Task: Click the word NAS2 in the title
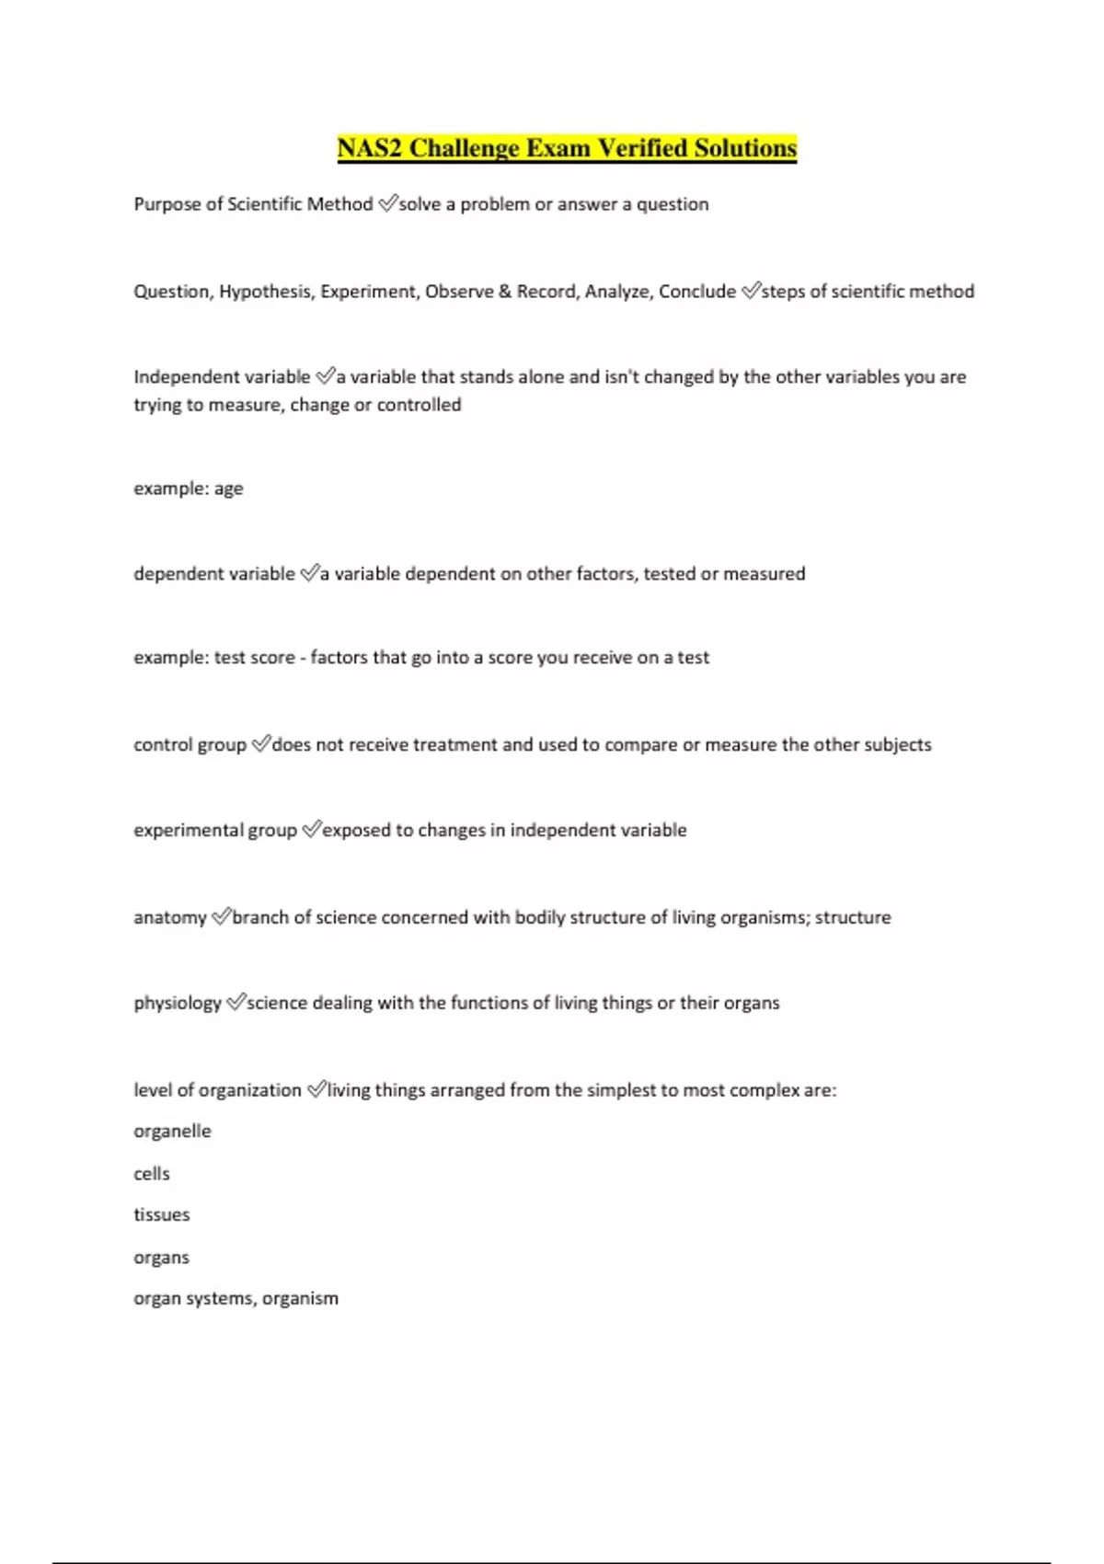tap(369, 148)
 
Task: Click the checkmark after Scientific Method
tap(387, 203)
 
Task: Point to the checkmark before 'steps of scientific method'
tap(751, 291)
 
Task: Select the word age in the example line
tap(229, 489)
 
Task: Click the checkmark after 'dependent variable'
tap(309, 573)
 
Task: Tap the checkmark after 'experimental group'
tap(311, 830)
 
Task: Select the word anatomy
tap(170, 917)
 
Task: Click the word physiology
tap(178, 1003)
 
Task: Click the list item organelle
tap(172, 1131)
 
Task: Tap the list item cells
tap(152, 1173)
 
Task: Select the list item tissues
tap(162, 1214)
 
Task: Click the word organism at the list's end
tap(300, 1298)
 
